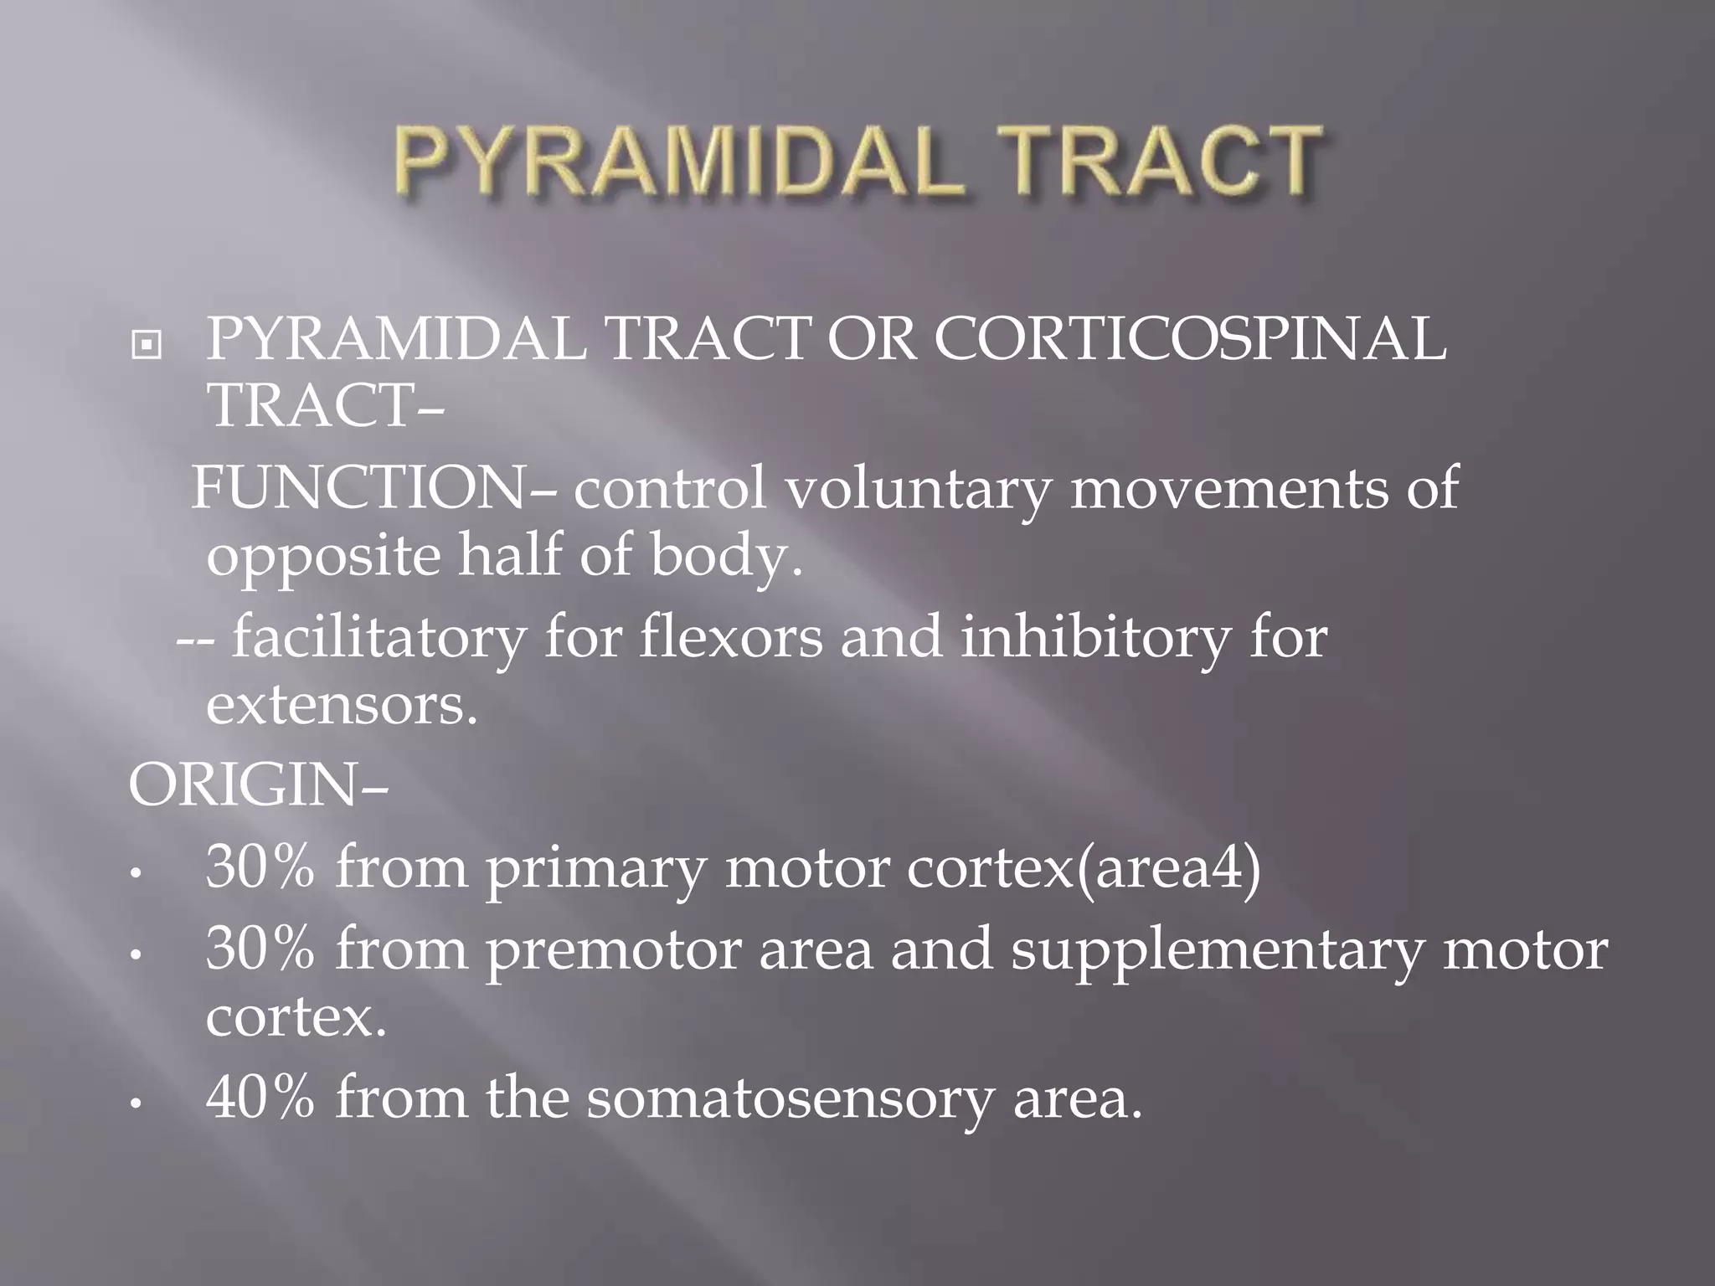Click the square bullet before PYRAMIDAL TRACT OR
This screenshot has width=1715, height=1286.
click(x=147, y=344)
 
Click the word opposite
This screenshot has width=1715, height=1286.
click(x=322, y=557)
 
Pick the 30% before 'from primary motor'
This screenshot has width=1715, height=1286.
click(x=260, y=867)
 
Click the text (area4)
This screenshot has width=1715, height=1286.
click(x=1167, y=869)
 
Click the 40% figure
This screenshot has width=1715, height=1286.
click(x=260, y=1098)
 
